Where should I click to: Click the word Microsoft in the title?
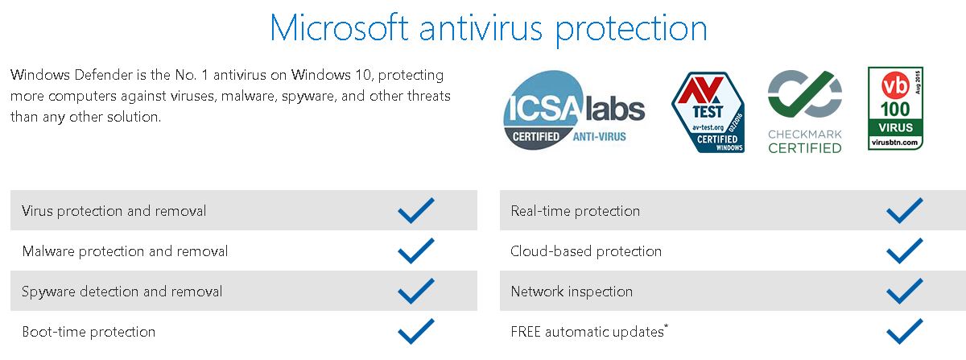(339, 28)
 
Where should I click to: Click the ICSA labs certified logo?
(574, 110)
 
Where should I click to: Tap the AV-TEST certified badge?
(708, 112)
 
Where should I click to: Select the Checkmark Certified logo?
(805, 112)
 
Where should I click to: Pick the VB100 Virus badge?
(895, 109)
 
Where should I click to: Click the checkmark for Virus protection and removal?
(416, 211)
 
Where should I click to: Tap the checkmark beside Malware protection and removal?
(416, 250)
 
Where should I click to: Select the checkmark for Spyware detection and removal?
(416, 291)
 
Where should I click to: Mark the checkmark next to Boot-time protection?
(416, 331)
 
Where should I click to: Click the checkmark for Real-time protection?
(905, 211)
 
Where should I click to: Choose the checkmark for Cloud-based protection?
(905, 250)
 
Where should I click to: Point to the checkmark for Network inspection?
(905, 291)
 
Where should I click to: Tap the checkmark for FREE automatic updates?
(905, 331)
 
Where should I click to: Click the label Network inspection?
(572, 292)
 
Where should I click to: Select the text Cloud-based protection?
(586, 251)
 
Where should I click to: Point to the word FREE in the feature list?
(526, 332)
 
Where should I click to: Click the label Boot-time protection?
(89, 332)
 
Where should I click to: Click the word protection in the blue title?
(631, 29)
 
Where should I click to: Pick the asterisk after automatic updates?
(667, 327)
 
